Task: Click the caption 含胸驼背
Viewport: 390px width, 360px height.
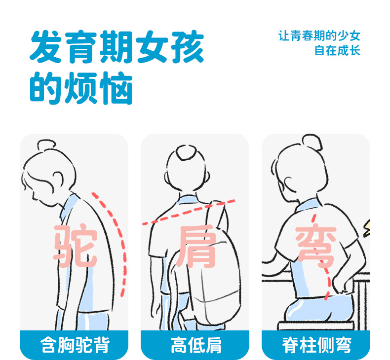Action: tap(75, 345)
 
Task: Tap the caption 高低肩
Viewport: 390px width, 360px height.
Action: tap(196, 345)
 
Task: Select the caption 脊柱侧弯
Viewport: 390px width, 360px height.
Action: tap(316, 345)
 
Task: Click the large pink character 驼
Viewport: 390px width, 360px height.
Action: tap(75, 246)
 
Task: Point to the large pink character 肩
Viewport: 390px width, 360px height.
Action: tap(196, 246)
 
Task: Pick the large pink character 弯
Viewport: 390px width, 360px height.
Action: tap(316, 245)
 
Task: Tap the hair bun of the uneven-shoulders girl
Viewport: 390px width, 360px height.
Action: tap(186, 152)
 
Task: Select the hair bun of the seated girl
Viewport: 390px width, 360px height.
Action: tap(312, 143)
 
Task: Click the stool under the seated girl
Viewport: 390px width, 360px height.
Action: tap(316, 325)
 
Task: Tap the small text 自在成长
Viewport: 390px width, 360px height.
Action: tap(337, 50)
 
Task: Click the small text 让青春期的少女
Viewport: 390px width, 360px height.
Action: tap(319, 36)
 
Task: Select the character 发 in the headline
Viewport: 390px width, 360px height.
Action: tap(46, 47)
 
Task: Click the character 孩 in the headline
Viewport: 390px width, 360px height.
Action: tap(188, 47)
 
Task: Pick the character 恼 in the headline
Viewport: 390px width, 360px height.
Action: tap(116, 88)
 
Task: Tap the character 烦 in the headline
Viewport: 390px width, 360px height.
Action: tap(80, 88)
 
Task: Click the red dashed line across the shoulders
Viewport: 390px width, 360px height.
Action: tap(189, 212)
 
